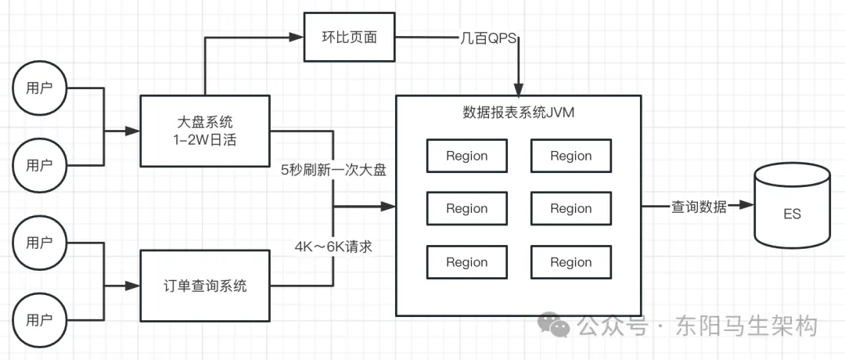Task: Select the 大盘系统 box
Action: pyautogui.click(x=205, y=130)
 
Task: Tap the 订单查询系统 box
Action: pyautogui.click(x=205, y=286)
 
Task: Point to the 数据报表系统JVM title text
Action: pyautogui.click(x=518, y=112)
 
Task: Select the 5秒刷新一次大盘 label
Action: pyautogui.click(x=334, y=170)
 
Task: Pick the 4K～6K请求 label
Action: pyautogui.click(x=333, y=246)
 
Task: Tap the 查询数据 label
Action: pyautogui.click(x=699, y=207)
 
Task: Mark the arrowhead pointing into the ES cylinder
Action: pyautogui.click(x=748, y=207)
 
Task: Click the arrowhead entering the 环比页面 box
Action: pyautogui.click(x=298, y=36)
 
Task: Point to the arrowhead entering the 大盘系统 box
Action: pyautogui.click(x=134, y=131)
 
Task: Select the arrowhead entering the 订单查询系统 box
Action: pyautogui.click(x=134, y=286)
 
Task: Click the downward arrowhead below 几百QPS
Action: pyautogui.click(x=518, y=89)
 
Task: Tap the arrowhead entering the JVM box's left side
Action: pyautogui.click(x=390, y=207)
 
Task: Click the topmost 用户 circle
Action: pyautogui.click(x=39, y=88)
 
